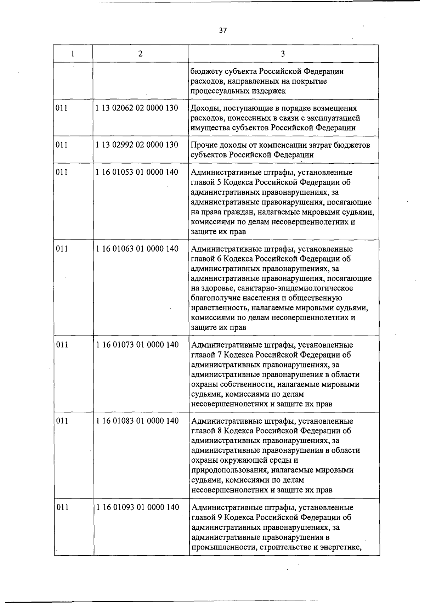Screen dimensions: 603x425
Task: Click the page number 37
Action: point(222,30)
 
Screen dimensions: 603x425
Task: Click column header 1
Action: point(73,54)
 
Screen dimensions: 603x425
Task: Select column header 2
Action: point(141,54)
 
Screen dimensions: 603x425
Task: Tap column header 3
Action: point(283,54)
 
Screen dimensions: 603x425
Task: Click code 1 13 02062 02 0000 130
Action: point(137,108)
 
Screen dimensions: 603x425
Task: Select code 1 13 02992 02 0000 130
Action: point(137,145)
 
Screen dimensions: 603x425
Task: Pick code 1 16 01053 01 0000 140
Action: point(137,172)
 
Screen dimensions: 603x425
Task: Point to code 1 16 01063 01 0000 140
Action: point(137,249)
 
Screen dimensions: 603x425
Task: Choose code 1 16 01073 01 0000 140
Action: point(137,345)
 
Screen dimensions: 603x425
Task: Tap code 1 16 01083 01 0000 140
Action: point(137,421)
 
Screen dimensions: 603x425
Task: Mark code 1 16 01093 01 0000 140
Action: point(137,507)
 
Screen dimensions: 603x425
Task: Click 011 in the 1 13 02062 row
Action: point(62,108)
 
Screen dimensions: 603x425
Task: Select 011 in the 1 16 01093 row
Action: point(62,507)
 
